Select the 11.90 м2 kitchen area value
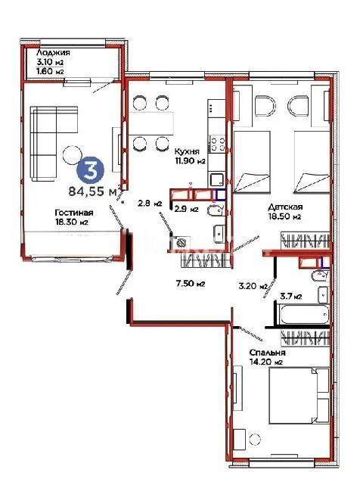coord(191,161)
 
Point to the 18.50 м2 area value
coord(287,216)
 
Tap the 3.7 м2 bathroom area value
coord(292,296)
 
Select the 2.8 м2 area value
coord(146,204)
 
